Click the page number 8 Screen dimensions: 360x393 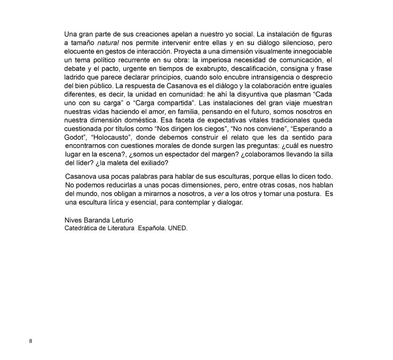tap(31, 341)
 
